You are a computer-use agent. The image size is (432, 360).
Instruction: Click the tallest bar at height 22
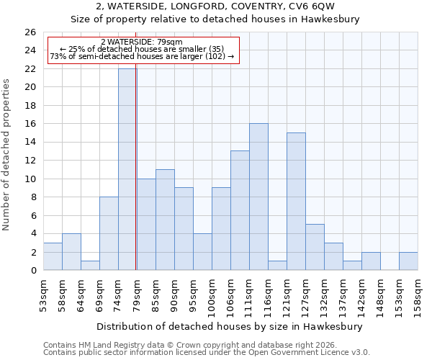pyautogui.click(x=127, y=169)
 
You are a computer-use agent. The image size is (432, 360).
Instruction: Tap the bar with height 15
pyautogui.click(x=296, y=202)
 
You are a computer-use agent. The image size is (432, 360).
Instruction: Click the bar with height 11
pyautogui.click(x=165, y=220)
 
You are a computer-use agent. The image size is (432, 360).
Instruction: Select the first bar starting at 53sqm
pyautogui.click(x=53, y=256)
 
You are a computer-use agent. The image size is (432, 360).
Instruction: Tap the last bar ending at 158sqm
pyautogui.click(x=408, y=261)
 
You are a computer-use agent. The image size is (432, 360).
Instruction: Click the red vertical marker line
pyautogui.click(x=136, y=166)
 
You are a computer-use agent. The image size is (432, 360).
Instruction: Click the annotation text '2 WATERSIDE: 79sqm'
pyautogui.click(x=141, y=42)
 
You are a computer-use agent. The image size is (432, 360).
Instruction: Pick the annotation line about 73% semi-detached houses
pyautogui.click(x=142, y=56)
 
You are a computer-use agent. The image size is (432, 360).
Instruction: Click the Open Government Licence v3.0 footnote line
pyautogui.click(x=207, y=352)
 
